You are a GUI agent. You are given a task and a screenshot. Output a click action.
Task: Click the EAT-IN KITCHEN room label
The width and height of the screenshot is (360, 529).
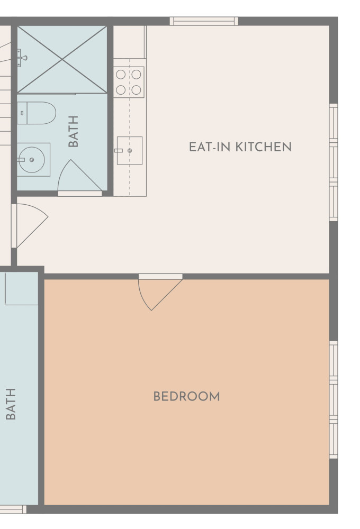240,147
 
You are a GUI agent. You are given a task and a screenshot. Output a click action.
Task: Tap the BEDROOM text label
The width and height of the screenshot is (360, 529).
186,396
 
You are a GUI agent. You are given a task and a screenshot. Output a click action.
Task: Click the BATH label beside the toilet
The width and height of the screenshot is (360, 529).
73,131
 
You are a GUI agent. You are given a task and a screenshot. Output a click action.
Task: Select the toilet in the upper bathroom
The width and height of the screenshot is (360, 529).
37,113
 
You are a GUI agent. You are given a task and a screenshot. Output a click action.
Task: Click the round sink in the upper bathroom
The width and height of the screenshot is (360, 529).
32,160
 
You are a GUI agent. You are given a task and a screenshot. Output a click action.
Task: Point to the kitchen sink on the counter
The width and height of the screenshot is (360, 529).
130,150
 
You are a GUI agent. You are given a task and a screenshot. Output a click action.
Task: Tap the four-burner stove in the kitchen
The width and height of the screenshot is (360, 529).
129,82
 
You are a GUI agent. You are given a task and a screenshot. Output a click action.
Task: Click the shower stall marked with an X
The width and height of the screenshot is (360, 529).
62,59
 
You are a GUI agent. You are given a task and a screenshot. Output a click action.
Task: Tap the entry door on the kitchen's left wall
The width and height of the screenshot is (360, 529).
30,225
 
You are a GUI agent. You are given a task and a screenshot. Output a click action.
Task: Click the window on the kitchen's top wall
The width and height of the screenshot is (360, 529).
204,21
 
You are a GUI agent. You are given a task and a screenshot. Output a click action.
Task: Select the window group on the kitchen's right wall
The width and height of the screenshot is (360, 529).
334,162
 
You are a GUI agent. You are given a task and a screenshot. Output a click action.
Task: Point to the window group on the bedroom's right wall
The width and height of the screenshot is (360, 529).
334,400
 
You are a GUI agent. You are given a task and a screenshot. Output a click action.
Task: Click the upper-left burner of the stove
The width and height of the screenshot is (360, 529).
121,74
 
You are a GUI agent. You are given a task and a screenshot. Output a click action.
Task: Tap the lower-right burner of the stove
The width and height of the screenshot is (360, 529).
137,90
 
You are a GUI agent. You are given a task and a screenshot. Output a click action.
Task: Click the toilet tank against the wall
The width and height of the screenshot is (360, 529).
22,113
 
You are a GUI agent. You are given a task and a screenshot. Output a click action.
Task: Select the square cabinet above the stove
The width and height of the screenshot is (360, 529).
130,42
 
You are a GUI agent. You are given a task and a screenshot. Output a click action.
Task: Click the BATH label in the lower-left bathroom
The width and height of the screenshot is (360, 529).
11,404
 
